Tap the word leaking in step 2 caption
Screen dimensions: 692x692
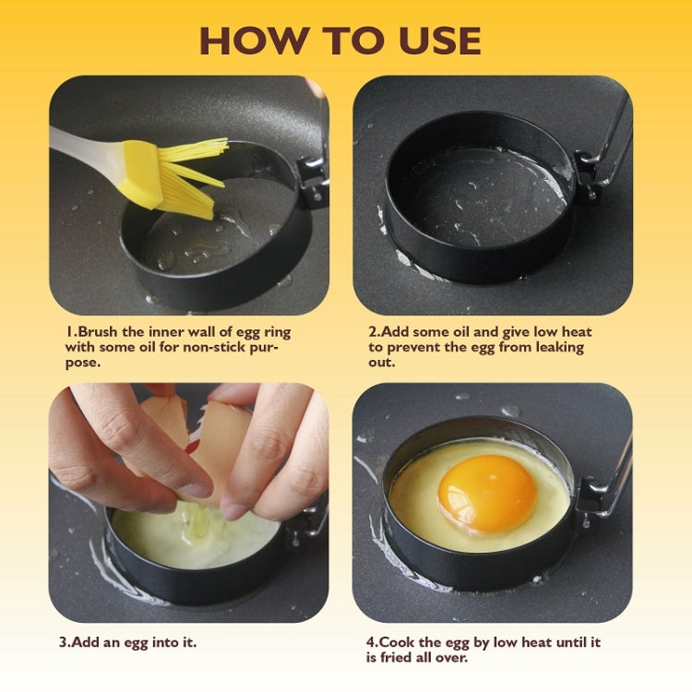tap(553, 347)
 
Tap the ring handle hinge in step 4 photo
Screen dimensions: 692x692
tap(590, 504)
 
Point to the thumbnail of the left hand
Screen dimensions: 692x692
tap(197, 488)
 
